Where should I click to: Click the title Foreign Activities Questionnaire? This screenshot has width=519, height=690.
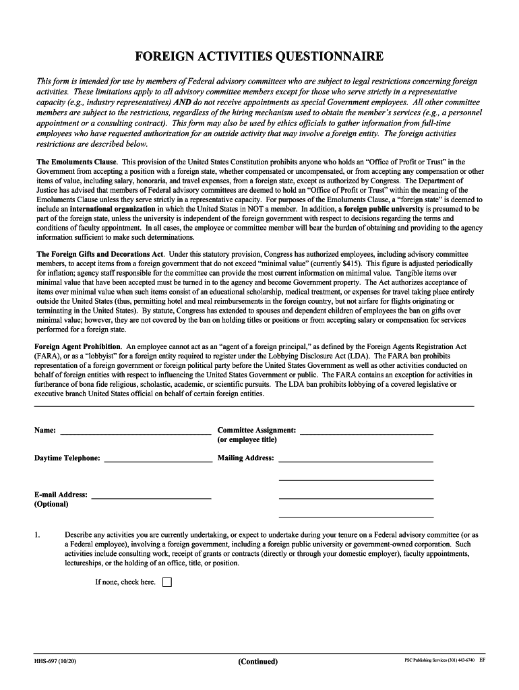point(259,56)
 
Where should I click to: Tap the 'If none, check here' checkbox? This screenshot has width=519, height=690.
point(167,582)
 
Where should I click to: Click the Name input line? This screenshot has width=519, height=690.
point(134,432)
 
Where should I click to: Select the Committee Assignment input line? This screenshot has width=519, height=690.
point(366,432)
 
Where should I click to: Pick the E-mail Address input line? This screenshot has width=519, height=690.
point(151,496)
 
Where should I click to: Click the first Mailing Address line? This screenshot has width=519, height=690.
point(355,460)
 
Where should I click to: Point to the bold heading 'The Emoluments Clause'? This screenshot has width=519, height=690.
point(76,162)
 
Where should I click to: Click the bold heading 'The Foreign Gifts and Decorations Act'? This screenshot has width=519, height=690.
point(100,253)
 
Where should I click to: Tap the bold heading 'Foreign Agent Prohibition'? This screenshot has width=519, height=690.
point(77,346)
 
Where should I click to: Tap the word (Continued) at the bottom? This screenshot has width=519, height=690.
point(257,662)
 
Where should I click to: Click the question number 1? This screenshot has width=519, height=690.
point(38,535)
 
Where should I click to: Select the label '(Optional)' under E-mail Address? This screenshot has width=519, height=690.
point(51,504)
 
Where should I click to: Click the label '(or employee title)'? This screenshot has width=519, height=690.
point(247,440)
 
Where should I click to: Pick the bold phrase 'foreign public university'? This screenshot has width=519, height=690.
point(384,209)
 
